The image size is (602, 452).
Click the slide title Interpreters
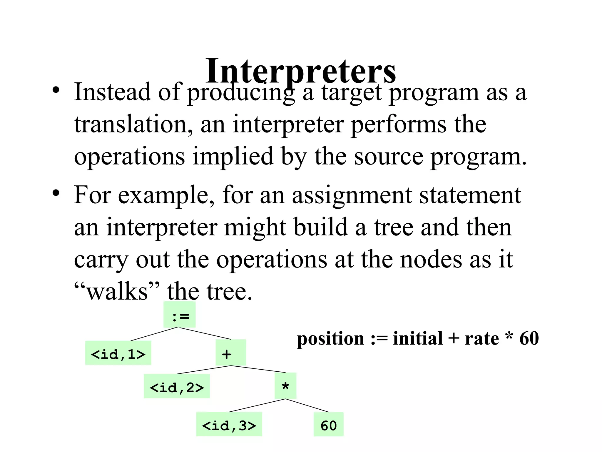tap(300, 71)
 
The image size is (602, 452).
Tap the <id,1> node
tap(118, 353)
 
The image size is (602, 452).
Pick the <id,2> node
tap(177, 386)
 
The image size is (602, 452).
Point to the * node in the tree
tap(285, 386)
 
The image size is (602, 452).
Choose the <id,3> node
tap(229, 424)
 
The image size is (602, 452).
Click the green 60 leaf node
tap(328, 424)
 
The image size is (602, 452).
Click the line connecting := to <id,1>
tap(154, 334)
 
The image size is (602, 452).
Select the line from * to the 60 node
tap(307, 406)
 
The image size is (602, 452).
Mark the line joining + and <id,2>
tap(204, 370)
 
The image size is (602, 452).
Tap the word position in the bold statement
tap(330, 339)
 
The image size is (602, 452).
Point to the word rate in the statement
tap(482, 339)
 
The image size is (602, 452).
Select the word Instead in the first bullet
tap(113, 92)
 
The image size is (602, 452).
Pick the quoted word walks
tap(117, 291)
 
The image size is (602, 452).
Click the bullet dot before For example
tap(56, 193)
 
